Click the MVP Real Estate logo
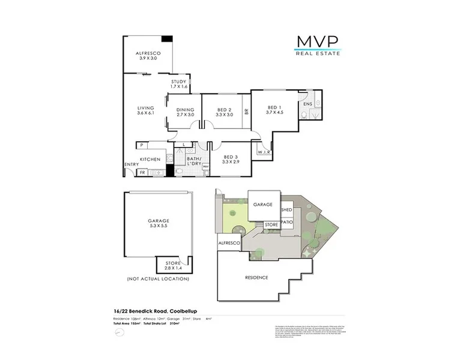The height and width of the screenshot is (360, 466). (x=318, y=45)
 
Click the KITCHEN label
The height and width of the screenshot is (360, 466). (x=150, y=159)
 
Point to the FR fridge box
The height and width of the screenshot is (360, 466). (x=142, y=172)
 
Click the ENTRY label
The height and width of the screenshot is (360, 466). (x=131, y=164)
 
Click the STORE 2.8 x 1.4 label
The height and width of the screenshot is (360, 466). (x=173, y=265)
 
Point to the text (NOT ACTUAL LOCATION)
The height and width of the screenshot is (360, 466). (x=158, y=280)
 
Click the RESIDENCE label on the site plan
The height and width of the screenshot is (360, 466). (x=256, y=277)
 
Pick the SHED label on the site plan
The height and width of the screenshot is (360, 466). (x=286, y=210)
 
